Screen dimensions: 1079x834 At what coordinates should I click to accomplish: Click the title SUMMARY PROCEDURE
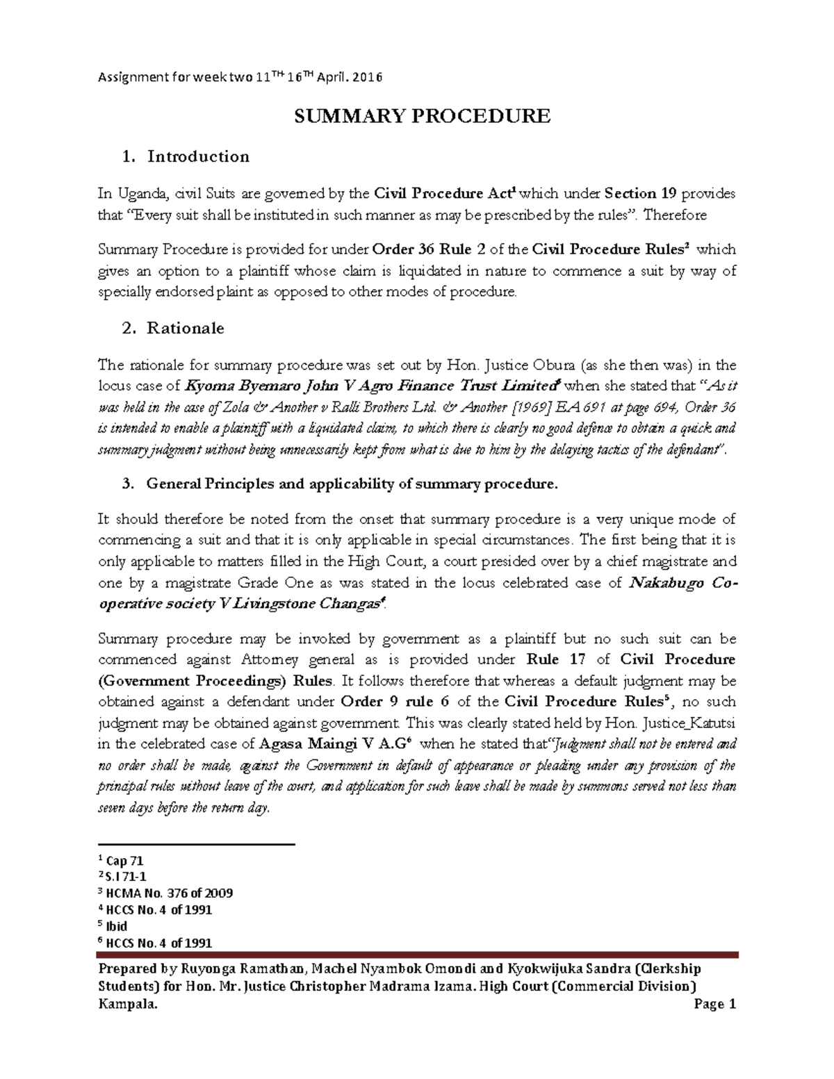coord(422,116)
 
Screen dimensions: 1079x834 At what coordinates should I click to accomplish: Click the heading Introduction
coord(197,156)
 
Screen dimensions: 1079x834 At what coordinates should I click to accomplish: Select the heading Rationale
coord(185,328)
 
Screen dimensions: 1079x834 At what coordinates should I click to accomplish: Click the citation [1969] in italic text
coord(530,407)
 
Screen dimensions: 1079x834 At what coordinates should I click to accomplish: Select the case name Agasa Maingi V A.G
coord(335,744)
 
